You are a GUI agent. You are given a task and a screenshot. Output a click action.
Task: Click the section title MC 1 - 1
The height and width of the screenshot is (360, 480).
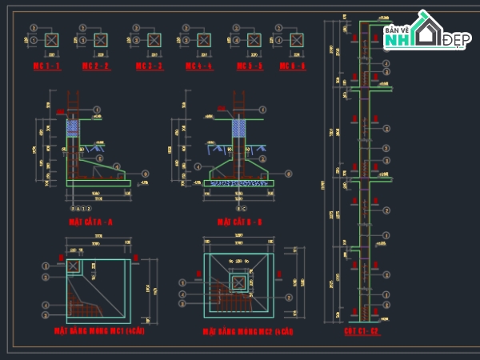46,66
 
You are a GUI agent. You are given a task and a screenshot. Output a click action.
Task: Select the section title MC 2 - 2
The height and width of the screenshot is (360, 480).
96,66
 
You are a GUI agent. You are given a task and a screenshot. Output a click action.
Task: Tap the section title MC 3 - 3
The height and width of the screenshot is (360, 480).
149,66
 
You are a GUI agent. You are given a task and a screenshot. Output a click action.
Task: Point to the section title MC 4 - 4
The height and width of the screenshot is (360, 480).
198,66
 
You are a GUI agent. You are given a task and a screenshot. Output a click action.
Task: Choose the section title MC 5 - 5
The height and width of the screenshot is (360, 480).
249,66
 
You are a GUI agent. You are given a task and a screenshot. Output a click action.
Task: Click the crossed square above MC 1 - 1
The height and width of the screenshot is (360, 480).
51,39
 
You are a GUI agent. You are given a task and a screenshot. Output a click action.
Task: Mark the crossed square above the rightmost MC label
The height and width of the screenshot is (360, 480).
295,39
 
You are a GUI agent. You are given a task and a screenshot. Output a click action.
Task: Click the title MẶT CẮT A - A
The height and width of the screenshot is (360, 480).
90,221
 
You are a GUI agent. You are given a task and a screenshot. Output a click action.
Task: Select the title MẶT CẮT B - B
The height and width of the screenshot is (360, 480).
239,221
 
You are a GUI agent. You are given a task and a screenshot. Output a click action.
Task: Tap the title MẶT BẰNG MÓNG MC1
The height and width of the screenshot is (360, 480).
99,330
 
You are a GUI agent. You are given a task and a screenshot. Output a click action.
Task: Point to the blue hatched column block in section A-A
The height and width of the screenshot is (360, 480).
74,126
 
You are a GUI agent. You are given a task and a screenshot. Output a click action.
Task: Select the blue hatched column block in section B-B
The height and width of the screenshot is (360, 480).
238,127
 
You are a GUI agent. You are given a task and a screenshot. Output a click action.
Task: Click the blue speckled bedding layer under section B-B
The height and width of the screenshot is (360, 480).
238,182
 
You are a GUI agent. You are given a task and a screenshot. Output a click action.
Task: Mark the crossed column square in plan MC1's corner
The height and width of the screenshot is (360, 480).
74,266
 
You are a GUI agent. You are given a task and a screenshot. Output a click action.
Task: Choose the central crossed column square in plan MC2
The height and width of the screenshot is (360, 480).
238,282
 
